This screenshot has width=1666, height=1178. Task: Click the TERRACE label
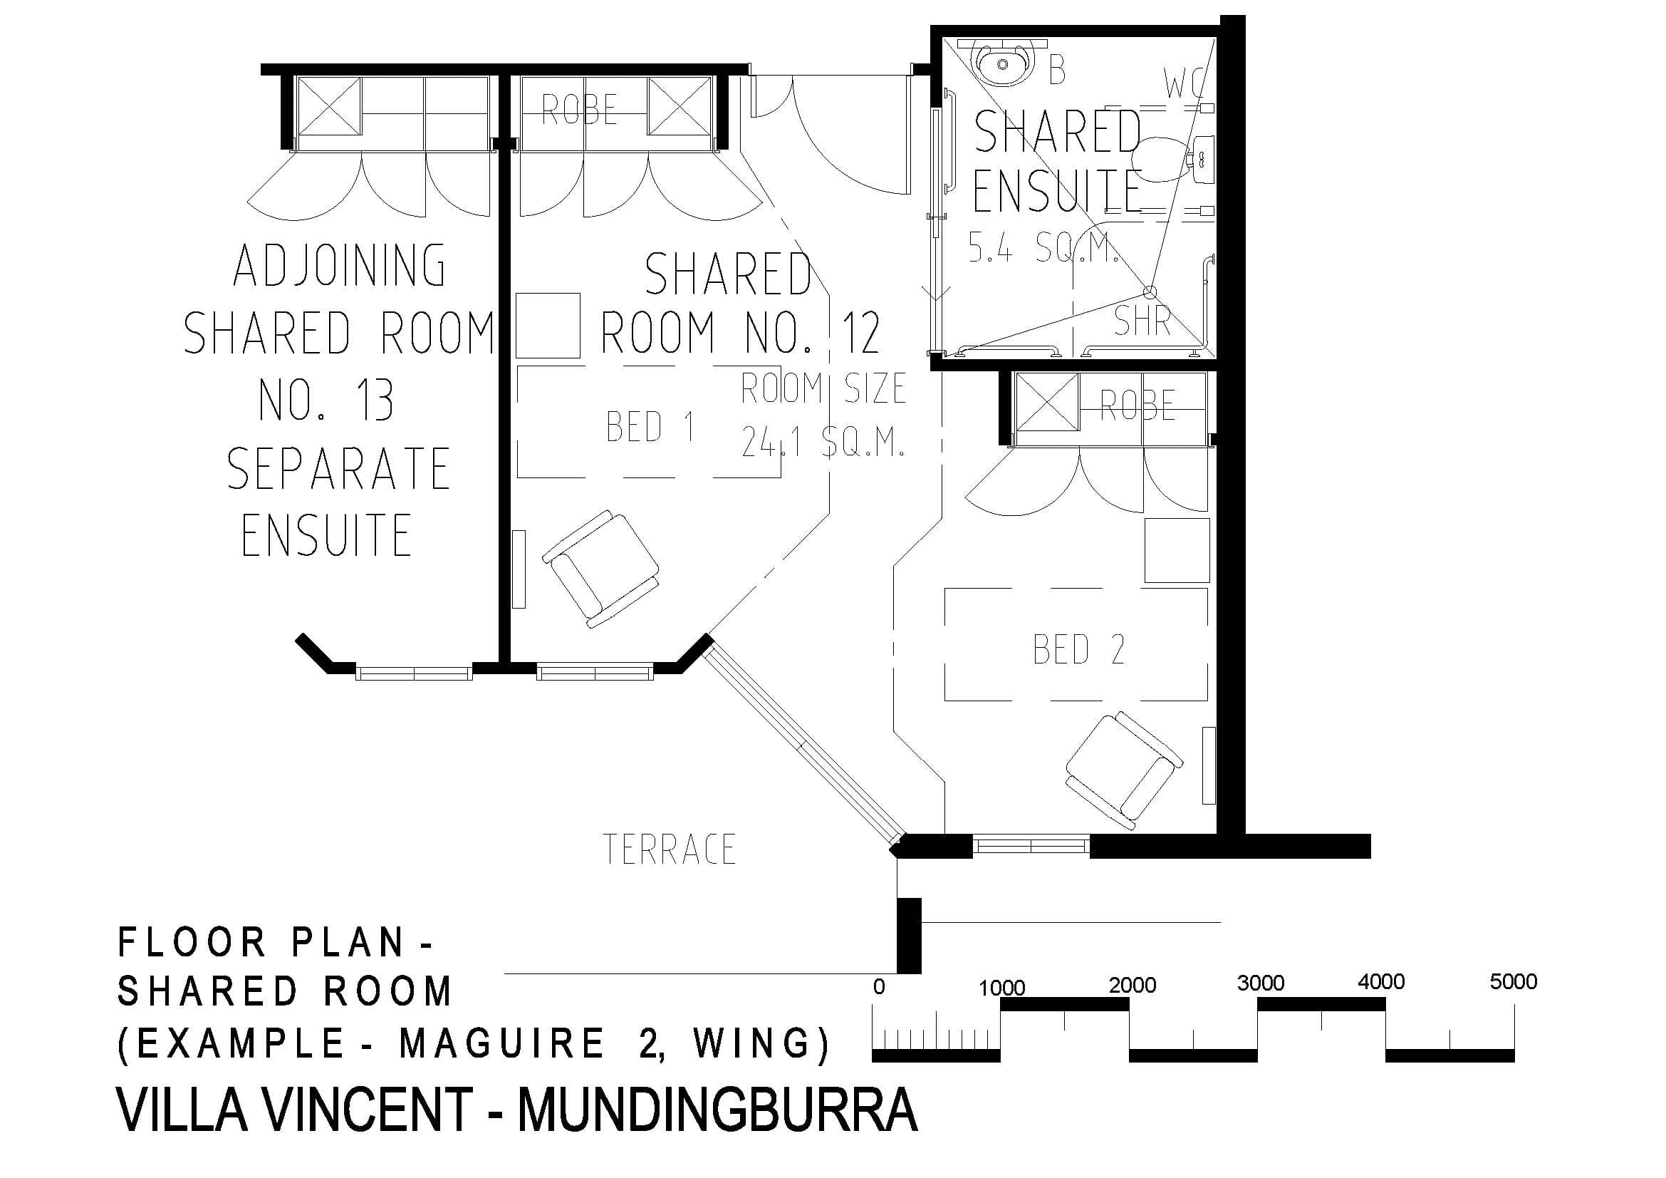669,849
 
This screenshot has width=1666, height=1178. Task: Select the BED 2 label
1078,649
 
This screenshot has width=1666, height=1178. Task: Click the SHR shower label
1142,320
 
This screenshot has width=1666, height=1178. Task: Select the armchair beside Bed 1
602,569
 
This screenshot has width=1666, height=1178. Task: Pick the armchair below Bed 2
1124,771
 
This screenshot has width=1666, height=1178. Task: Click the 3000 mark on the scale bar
1261,983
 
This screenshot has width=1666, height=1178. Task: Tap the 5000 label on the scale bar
1513,981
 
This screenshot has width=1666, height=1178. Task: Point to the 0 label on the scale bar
879,987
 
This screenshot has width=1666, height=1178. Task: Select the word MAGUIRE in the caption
501,1044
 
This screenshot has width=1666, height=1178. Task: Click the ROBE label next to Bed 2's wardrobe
1137,405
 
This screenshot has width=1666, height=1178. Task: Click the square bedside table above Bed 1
548,325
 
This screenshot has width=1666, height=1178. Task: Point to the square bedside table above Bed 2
1177,549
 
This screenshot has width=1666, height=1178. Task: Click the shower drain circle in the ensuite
1150,292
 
